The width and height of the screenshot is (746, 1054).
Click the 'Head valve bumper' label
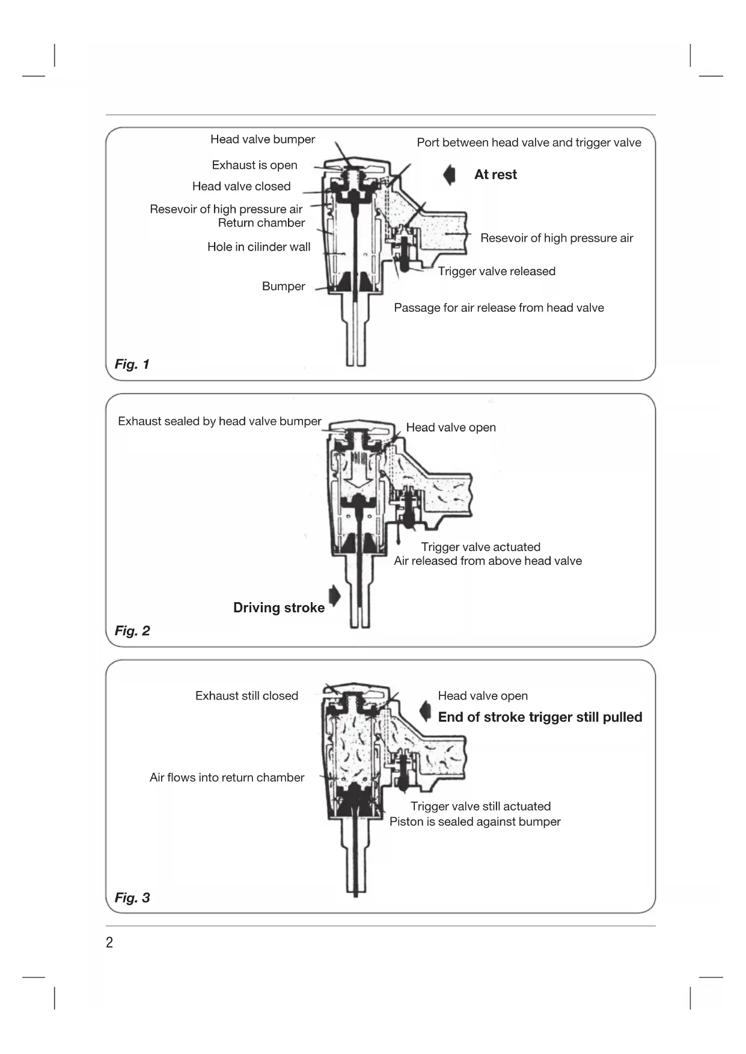pyautogui.click(x=262, y=139)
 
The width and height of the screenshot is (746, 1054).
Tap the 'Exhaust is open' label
pyautogui.click(x=254, y=165)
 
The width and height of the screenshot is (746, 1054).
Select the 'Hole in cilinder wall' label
pyautogui.click(x=258, y=247)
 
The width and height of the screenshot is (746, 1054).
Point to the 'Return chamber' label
pyautogui.click(x=261, y=223)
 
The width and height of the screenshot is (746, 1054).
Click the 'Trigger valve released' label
pyautogui.click(x=496, y=272)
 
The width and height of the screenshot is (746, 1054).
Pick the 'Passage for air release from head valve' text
pyautogui.click(x=498, y=308)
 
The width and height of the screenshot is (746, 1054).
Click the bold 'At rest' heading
pyautogui.click(x=495, y=175)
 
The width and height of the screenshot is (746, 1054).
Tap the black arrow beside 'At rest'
pyautogui.click(x=449, y=175)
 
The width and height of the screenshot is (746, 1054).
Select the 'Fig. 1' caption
pyautogui.click(x=132, y=364)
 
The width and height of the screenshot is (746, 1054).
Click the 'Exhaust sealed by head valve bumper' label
pyautogui.click(x=219, y=421)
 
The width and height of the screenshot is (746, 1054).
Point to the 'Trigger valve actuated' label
pyautogui.click(x=480, y=547)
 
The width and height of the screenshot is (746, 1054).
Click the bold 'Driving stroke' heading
pyautogui.click(x=279, y=608)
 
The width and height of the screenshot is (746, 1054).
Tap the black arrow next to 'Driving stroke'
pyautogui.click(x=335, y=596)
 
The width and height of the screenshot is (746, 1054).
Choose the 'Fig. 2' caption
pyautogui.click(x=132, y=631)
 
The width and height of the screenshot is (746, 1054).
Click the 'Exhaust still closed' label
pyautogui.click(x=246, y=696)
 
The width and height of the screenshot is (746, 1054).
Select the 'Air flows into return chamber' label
pyautogui.click(x=227, y=778)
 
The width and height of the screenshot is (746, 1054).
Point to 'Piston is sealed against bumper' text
pyautogui.click(x=474, y=822)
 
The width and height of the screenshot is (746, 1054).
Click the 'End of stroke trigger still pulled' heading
pyautogui.click(x=540, y=717)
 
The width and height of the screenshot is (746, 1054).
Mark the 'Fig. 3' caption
pyautogui.click(x=132, y=898)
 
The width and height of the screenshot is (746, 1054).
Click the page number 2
pyautogui.click(x=109, y=942)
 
